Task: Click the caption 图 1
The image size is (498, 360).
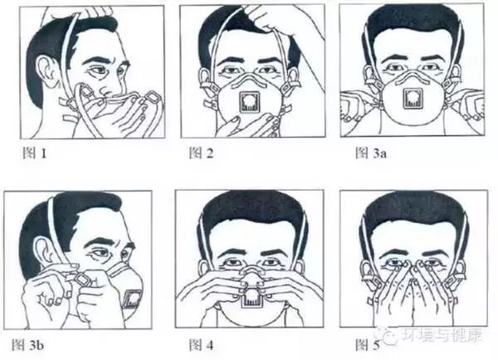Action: (x=35, y=153)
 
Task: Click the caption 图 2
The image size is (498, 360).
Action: (x=201, y=153)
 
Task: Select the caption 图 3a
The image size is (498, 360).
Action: (x=371, y=153)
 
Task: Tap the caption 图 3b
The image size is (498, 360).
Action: (x=27, y=345)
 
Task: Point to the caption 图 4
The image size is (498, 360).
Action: (x=201, y=345)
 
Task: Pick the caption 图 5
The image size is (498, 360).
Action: (x=367, y=345)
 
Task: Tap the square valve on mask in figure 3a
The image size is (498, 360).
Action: (x=413, y=99)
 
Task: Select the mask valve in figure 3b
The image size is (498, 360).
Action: (x=131, y=299)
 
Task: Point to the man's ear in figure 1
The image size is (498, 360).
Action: (x=46, y=71)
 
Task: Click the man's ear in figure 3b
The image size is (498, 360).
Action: (x=45, y=254)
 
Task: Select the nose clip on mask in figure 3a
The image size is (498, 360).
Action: (x=413, y=78)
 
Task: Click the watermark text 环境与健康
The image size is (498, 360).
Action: (x=442, y=335)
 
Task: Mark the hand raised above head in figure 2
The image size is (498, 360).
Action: (x=286, y=20)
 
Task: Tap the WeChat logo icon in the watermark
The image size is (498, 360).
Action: (x=387, y=336)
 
